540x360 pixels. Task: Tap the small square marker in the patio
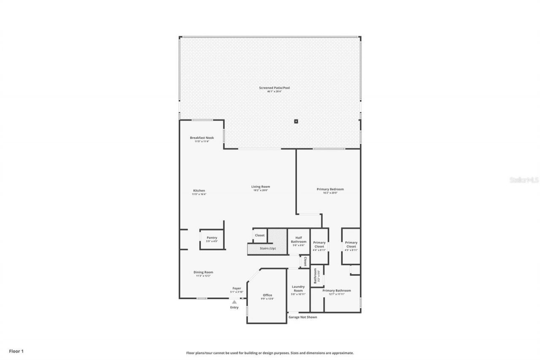pyautogui.click(x=296, y=122)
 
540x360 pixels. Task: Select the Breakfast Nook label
pyautogui.click(x=202, y=138)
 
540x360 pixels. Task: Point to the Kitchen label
pyautogui.click(x=199, y=191)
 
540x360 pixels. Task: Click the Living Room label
pyautogui.click(x=261, y=187)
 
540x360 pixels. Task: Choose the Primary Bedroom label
pyautogui.click(x=330, y=189)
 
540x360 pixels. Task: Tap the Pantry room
pyautogui.click(x=212, y=239)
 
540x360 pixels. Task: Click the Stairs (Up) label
pyautogui.click(x=267, y=249)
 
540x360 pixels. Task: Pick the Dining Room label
pyautogui.click(x=203, y=273)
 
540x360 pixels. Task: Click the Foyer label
pyautogui.click(x=237, y=289)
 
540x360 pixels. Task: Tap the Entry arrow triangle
pyautogui.click(x=234, y=302)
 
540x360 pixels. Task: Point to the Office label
pyautogui.click(x=267, y=295)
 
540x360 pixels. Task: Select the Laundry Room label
pyautogui.click(x=298, y=289)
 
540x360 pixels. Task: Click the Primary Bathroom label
pyautogui.click(x=337, y=291)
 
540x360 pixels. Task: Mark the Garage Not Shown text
pyautogui.click(x=302, y=317)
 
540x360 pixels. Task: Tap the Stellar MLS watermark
pyautogui.click(x=524, y=180)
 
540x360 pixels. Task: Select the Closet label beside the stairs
pyautogui.click(x=259, y=235)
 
